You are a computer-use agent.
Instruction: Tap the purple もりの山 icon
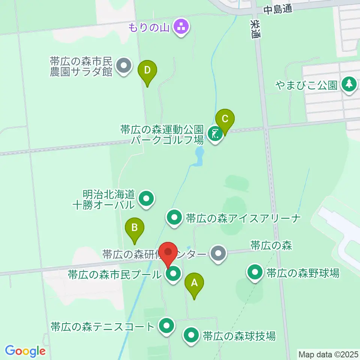tap(182, 27)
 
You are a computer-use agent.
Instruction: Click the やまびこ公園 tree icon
tap(349, 84)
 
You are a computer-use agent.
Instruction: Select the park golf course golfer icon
tap(214, 134)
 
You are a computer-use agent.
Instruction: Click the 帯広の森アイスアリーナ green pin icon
tap(174, 218)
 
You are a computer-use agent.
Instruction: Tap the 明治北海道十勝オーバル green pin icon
tap(146, 199)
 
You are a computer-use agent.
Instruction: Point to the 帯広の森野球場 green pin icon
tap(256, 273)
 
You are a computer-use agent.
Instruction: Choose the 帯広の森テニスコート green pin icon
tap(166, 326)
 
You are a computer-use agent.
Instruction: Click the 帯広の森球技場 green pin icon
tap(192, 335)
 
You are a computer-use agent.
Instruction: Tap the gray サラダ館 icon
tap(124, 66)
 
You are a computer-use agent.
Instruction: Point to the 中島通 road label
tap(277, 10)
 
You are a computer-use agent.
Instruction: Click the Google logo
tap(25, 351)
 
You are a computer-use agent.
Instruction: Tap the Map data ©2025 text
tap(328, 354)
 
